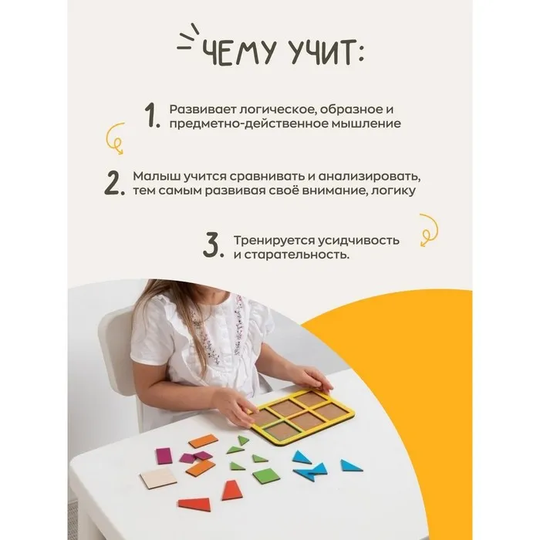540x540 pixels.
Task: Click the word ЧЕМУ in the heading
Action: click(x=239, y=52)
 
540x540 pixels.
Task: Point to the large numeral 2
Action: click(x=114, y=183)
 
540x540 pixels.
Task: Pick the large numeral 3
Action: click(x=213, y=245)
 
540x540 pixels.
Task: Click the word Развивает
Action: click(x=202, y=110)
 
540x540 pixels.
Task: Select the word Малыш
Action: click(x=157, y=177)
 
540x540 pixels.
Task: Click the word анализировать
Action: click(x=370, y=177)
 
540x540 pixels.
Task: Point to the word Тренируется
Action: click(x=273, y=241)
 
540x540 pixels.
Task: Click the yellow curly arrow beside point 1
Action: click(x=116, y=138)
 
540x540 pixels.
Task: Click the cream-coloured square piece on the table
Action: click(x=158, y=478)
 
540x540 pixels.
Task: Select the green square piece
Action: click(x=266, y=476)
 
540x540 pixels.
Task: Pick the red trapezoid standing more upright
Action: click(x=232, y=490)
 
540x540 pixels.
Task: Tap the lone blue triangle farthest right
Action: click(x=350, y=466)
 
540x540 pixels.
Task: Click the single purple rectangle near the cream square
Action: click(x=164, y=456)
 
